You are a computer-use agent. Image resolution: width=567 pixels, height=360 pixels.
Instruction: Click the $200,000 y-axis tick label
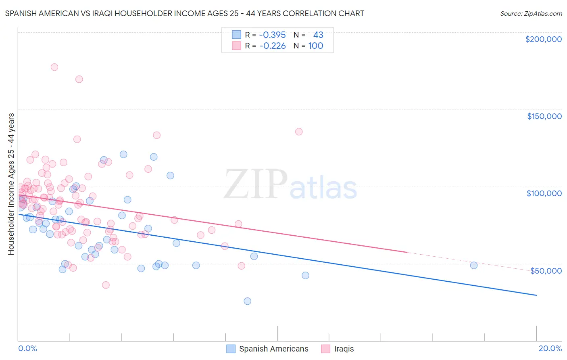pos(543,39)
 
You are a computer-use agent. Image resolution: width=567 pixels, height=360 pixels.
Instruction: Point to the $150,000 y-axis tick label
pos(544,116)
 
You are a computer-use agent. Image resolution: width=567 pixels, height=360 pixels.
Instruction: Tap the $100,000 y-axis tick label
pos(544,193)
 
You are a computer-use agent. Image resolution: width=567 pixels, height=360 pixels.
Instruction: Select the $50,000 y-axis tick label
pos(546,270)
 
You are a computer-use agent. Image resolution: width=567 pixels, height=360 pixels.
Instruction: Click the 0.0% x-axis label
pos(27,348)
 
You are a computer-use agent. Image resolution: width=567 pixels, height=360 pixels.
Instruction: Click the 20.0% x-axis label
pos(550,348)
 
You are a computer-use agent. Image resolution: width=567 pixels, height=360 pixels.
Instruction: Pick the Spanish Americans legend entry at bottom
pos(273,349)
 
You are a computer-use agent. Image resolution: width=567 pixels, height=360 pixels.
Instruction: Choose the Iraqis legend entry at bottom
pos(344,349)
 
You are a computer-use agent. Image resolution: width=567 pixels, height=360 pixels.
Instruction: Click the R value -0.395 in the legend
pos(272,35)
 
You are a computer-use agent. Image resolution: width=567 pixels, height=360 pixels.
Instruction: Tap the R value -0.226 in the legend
pos(272,46)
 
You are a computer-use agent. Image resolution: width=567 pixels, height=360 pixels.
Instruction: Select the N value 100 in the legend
pos(316,46)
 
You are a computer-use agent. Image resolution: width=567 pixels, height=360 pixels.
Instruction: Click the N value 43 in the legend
pos(318,35)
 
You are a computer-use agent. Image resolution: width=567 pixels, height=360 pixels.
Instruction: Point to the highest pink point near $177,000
pos(54,67)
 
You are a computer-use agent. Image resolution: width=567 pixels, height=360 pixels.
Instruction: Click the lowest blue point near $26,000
pos(248,301)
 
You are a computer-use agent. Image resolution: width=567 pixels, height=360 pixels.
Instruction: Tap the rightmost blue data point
pos(474,265)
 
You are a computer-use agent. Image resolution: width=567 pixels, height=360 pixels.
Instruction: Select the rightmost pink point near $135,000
pos(299,132)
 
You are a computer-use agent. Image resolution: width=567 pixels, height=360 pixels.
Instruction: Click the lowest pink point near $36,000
pos(106,285)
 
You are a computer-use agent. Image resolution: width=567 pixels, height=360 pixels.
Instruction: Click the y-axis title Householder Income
pos(11,184)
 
